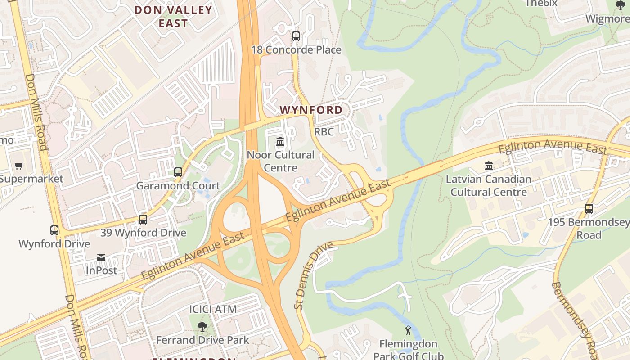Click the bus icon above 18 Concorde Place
click(x=296, y=36)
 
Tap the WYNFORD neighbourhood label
click(x=311, y=110)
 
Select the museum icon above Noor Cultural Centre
click(x=280, y=142)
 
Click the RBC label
click(x=324, y=132)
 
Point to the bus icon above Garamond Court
click(x=178, y=172)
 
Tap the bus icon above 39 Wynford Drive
click(x=143, y=220)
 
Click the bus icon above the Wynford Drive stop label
click(x=54, y=230)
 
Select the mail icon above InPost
click(x=101, y=257)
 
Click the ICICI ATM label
click(x=213, y=310)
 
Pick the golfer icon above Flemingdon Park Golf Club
click(x=408, y=331)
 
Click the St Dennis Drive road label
click(x=314, y=275)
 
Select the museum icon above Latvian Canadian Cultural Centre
click(x=489, y=166)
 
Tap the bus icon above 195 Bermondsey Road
click(x=589, y=209)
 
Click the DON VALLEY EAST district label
click(x=173, y=17)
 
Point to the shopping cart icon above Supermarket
click(x=18, y=166)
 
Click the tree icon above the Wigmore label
click(x=620, y=5)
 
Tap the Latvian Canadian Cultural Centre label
click(x=489, y=186)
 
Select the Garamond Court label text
click(x=178, y=186)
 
